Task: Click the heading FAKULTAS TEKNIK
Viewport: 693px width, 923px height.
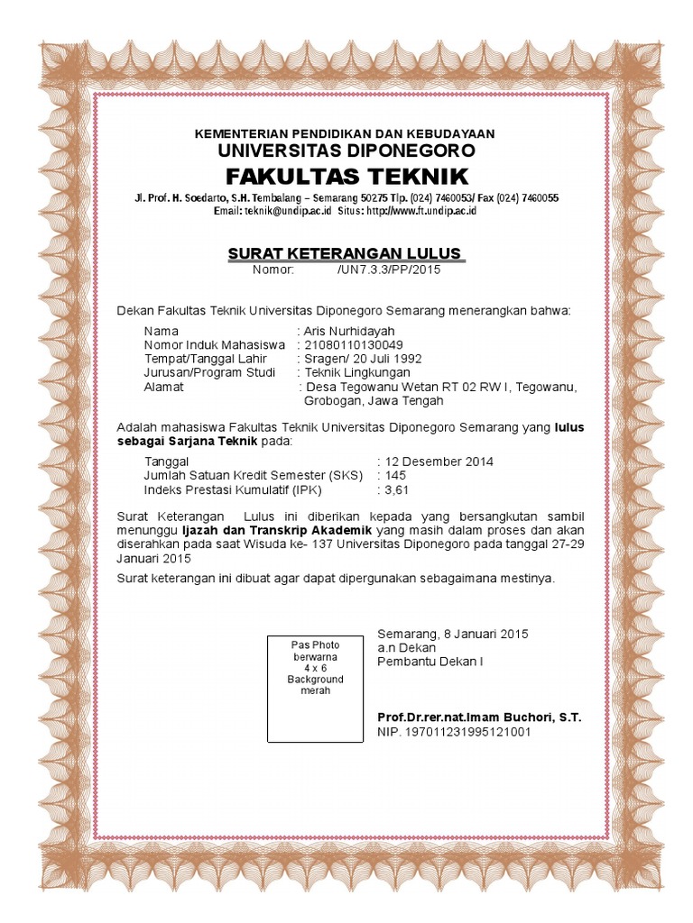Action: click(346, 174)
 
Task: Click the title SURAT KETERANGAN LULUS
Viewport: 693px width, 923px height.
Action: click(345, 252)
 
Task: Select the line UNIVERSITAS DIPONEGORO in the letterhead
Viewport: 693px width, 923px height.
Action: click(346, 150)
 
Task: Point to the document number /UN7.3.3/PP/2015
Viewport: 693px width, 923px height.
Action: click(388, 270)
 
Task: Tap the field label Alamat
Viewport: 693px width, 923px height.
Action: click(163, 386)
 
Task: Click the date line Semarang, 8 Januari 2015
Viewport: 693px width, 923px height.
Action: click(452, 634)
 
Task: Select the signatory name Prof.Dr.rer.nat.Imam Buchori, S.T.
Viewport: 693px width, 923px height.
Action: click(479, 717)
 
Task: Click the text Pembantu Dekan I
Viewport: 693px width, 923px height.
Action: click(430, 661)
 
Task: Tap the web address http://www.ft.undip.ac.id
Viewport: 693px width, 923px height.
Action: click(420, 210)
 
